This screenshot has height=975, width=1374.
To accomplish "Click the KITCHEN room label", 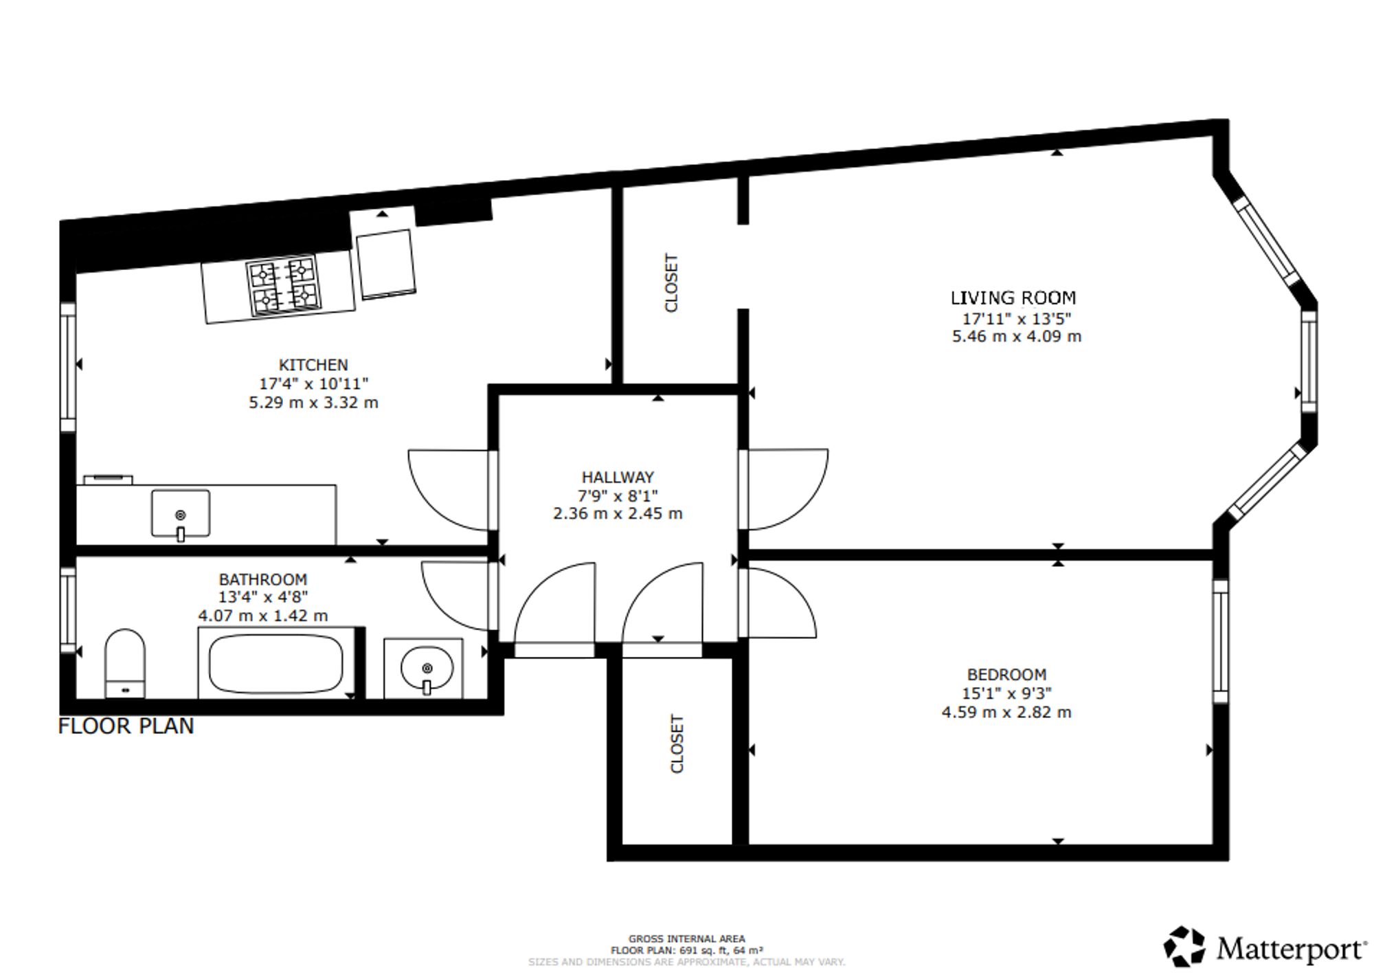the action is (313, 365).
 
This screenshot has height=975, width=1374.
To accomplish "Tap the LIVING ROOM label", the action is (1013, 298).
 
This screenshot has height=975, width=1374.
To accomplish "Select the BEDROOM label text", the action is (1006, 675).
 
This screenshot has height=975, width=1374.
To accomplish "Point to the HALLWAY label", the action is (618, 477).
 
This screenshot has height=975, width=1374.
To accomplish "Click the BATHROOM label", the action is (262, 579).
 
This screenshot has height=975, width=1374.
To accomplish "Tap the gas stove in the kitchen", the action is (284, 285).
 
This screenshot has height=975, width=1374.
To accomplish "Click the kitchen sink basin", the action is (181, 514).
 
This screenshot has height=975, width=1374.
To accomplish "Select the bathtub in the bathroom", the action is (275, 664).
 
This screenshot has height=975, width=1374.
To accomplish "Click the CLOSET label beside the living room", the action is (671, 282).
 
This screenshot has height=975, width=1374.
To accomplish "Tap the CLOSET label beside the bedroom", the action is (677, 743).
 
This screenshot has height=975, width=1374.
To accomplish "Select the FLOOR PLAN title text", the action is (126, 726).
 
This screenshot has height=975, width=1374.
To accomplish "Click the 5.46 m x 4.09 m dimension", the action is (1016, 337).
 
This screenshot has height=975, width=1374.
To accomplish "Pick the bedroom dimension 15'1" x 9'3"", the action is (1006, 694).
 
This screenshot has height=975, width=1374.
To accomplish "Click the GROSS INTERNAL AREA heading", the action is (686, 939).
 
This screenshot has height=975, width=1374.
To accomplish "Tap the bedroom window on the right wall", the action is (1220, 641).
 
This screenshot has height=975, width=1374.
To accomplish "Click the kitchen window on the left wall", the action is (67, 367).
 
